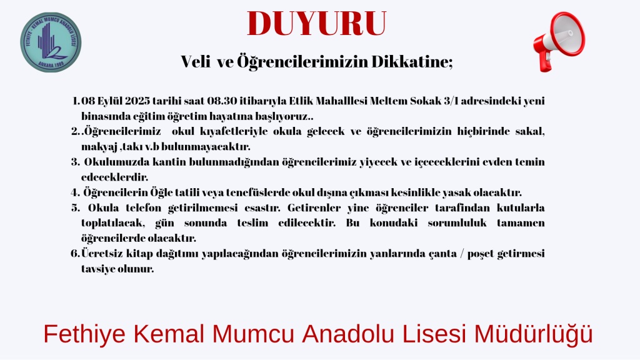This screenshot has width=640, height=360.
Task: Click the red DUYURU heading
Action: coord(317,24)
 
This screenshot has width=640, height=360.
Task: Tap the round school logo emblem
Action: coord(51,42)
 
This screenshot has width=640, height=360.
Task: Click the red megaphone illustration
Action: coord(559,41)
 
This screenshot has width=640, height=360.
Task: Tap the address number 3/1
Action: coord(450,101)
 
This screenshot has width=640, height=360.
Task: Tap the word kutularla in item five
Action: coord(521,207)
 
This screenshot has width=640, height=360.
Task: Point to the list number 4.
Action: coord(75,192)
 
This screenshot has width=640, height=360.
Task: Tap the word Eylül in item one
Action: coord(110,101)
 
